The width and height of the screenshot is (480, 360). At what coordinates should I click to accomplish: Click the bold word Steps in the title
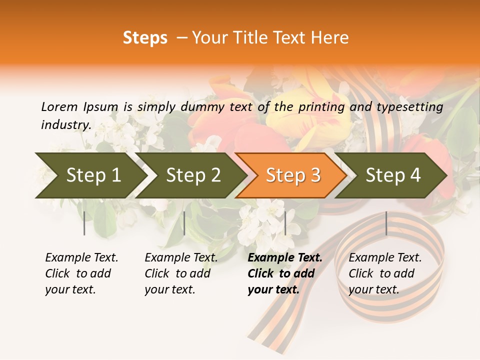pos(145,38)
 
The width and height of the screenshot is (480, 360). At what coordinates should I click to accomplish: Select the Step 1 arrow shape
pos(90,175)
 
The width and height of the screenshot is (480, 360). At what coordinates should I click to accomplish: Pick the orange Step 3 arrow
pos(292,175)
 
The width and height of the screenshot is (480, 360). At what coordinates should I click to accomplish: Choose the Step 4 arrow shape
pos(392,175)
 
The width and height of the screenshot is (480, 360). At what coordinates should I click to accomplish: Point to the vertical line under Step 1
pos(84,223)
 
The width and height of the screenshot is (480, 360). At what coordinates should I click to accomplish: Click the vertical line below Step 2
pos(184,223)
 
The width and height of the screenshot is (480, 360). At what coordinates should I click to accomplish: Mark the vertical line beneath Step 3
pos(285,223)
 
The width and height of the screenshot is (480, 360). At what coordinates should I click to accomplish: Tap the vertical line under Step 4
pos(386,223)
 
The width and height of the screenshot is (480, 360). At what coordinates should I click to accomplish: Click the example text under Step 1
pos(81,273)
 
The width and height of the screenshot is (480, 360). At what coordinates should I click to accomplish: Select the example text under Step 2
pos(180,273)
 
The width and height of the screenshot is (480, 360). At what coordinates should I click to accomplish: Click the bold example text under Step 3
pos(284,273)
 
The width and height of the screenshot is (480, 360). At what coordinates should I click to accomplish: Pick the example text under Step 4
pos(384,273)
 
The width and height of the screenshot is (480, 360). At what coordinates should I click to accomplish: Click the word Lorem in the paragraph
pos(59,106)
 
